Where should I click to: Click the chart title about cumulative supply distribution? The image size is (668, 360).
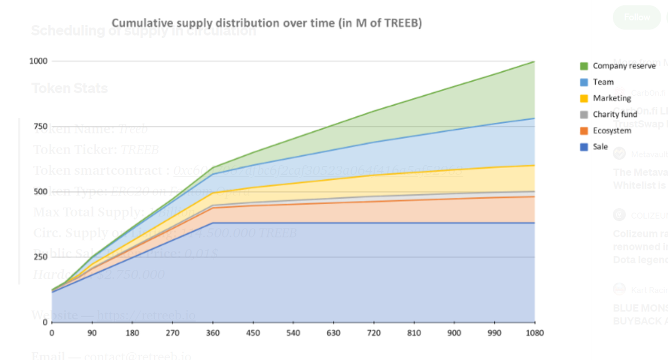coord(267,23)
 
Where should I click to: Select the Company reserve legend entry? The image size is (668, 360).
coord(623,66)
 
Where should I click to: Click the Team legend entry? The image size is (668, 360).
coord(603,82)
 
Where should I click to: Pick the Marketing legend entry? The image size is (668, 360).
coord(612,98)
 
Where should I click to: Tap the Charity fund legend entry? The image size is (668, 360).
coord(615,114)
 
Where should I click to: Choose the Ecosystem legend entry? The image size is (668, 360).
coord(612,131)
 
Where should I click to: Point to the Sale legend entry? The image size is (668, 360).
coord(600,147)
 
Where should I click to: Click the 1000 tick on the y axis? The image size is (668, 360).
coord(38,61)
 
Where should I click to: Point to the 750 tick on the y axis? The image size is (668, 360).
coord(40,126)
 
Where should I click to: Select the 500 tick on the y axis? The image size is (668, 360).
coord(40,191)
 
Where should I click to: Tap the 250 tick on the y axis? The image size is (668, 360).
coord(40,257)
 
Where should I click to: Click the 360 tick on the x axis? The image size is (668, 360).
coord(213,333)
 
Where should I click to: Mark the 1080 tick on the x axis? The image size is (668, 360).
coord(534,333)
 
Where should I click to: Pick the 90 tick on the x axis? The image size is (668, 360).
coord(92,333)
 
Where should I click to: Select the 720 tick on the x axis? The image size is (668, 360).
coord(374,333)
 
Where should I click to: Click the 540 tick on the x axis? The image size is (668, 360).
coord(293,333)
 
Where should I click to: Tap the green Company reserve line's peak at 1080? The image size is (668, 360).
coord(534,61)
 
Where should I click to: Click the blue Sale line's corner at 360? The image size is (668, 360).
coord(213,223)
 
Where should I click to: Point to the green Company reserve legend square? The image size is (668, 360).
coord(584,66)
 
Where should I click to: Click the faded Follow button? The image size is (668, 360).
coord(636,17)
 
